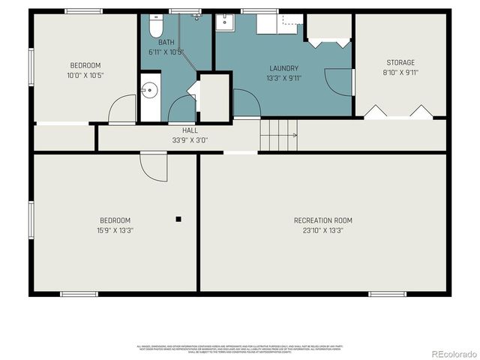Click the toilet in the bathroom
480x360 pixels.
[155, 28]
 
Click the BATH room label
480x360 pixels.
[166, 43]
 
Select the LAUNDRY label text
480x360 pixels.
[283, 68]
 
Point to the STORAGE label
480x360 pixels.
[400, 63]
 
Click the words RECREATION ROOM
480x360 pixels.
[322, 220]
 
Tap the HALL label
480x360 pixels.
[179, 130]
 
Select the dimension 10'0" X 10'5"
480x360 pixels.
[85, 75]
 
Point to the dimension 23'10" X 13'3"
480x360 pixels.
[322, 230]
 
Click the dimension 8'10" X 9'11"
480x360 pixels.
[400, 73]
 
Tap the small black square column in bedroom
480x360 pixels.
[178, 219]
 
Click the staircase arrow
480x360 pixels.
[293, 136]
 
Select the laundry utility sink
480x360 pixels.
[225, 22]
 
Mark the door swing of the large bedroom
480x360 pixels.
[154, 166]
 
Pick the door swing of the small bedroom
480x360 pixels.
[122, 111]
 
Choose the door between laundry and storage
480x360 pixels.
[340, 81]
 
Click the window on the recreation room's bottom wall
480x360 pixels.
[387, 294]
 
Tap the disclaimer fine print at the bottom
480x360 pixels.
[240, 349]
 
